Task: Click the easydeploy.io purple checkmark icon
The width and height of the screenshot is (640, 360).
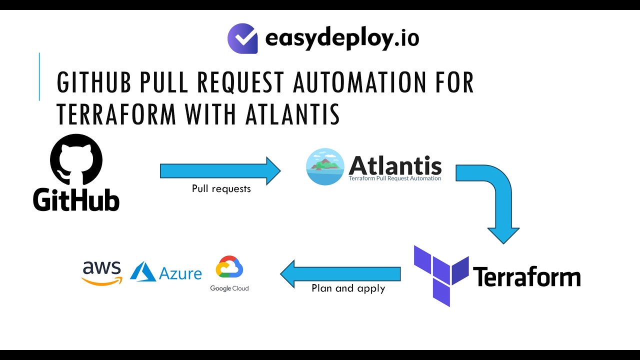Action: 242,38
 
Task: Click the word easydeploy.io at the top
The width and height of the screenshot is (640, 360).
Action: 342,38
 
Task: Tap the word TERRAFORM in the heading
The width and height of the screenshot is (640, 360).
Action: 116,114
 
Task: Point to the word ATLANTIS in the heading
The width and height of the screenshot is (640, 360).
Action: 292,114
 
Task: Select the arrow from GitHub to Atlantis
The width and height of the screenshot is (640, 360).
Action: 220,171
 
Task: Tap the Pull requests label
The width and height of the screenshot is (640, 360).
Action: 221,189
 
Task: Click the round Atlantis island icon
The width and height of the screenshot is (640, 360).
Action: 325,166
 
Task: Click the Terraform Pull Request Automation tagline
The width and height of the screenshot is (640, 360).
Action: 395,178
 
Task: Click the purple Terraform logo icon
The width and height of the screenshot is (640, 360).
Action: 440,275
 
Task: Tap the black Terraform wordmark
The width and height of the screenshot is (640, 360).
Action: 526,276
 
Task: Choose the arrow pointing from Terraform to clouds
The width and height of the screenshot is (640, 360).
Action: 340,273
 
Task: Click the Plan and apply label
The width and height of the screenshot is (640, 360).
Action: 348,288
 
